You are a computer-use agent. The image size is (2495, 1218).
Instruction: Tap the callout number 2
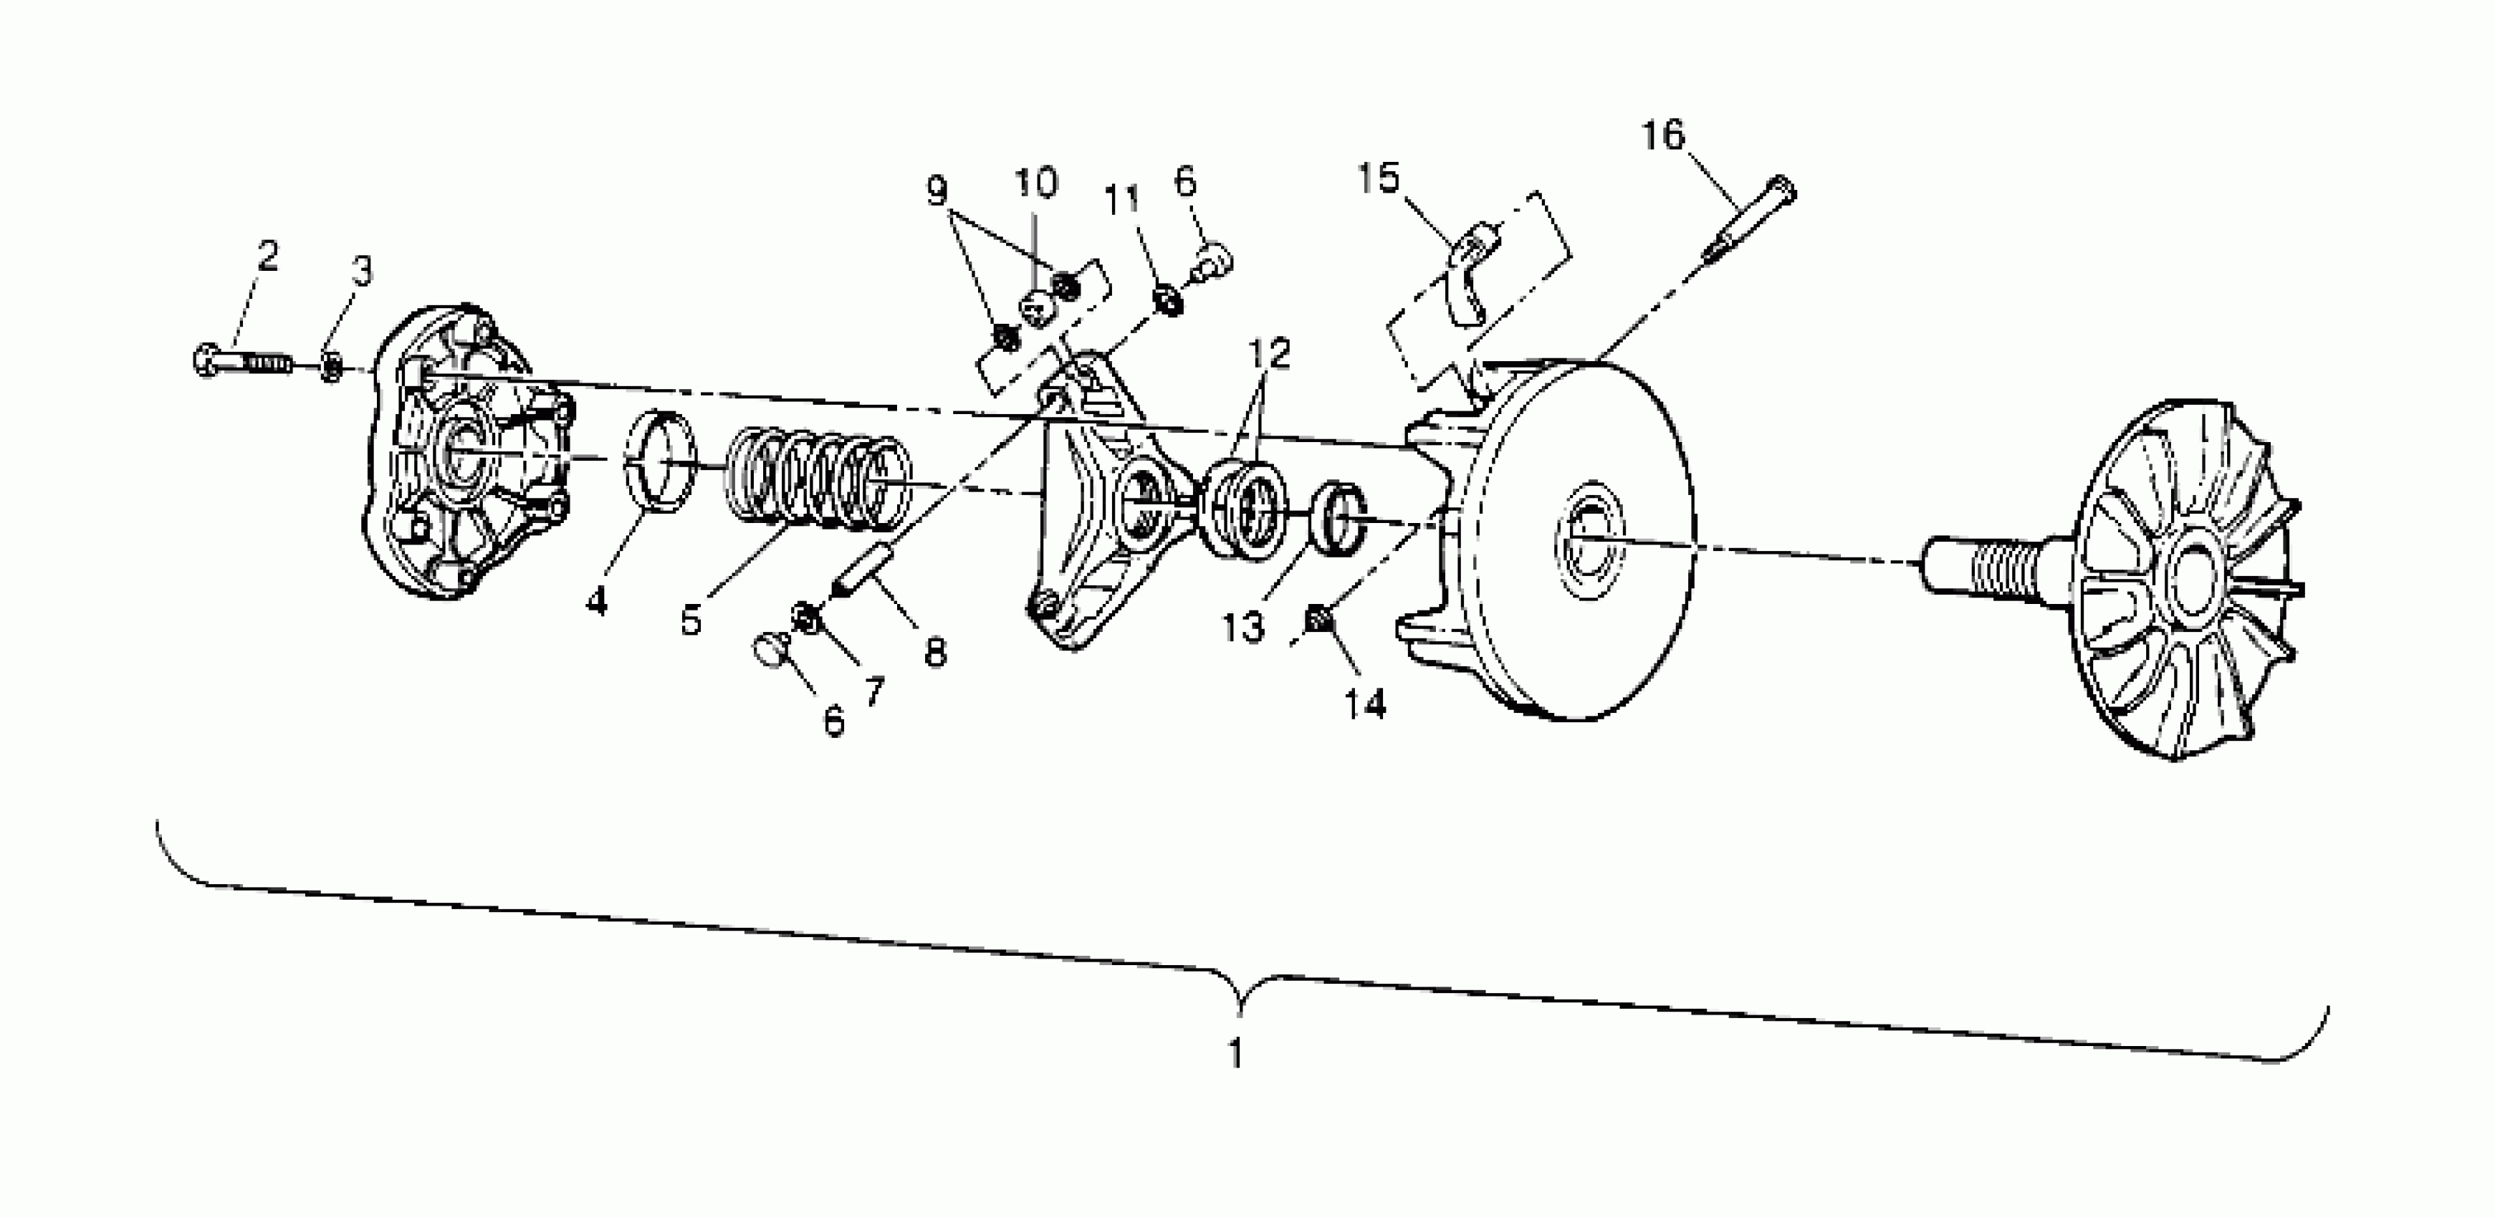267,256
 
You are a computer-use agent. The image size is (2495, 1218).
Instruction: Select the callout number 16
1663,135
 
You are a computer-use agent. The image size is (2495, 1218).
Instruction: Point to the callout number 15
1377,178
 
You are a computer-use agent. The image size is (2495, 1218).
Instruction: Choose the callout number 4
597,601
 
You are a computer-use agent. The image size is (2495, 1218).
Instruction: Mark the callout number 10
1035,182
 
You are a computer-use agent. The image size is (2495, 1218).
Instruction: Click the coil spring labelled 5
818,482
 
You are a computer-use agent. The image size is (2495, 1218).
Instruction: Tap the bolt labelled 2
242,362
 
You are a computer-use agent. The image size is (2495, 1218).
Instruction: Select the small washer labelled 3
331,367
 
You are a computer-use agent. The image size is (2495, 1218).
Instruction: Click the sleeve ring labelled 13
1339,523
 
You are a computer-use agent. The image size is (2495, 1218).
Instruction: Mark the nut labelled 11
1168,301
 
